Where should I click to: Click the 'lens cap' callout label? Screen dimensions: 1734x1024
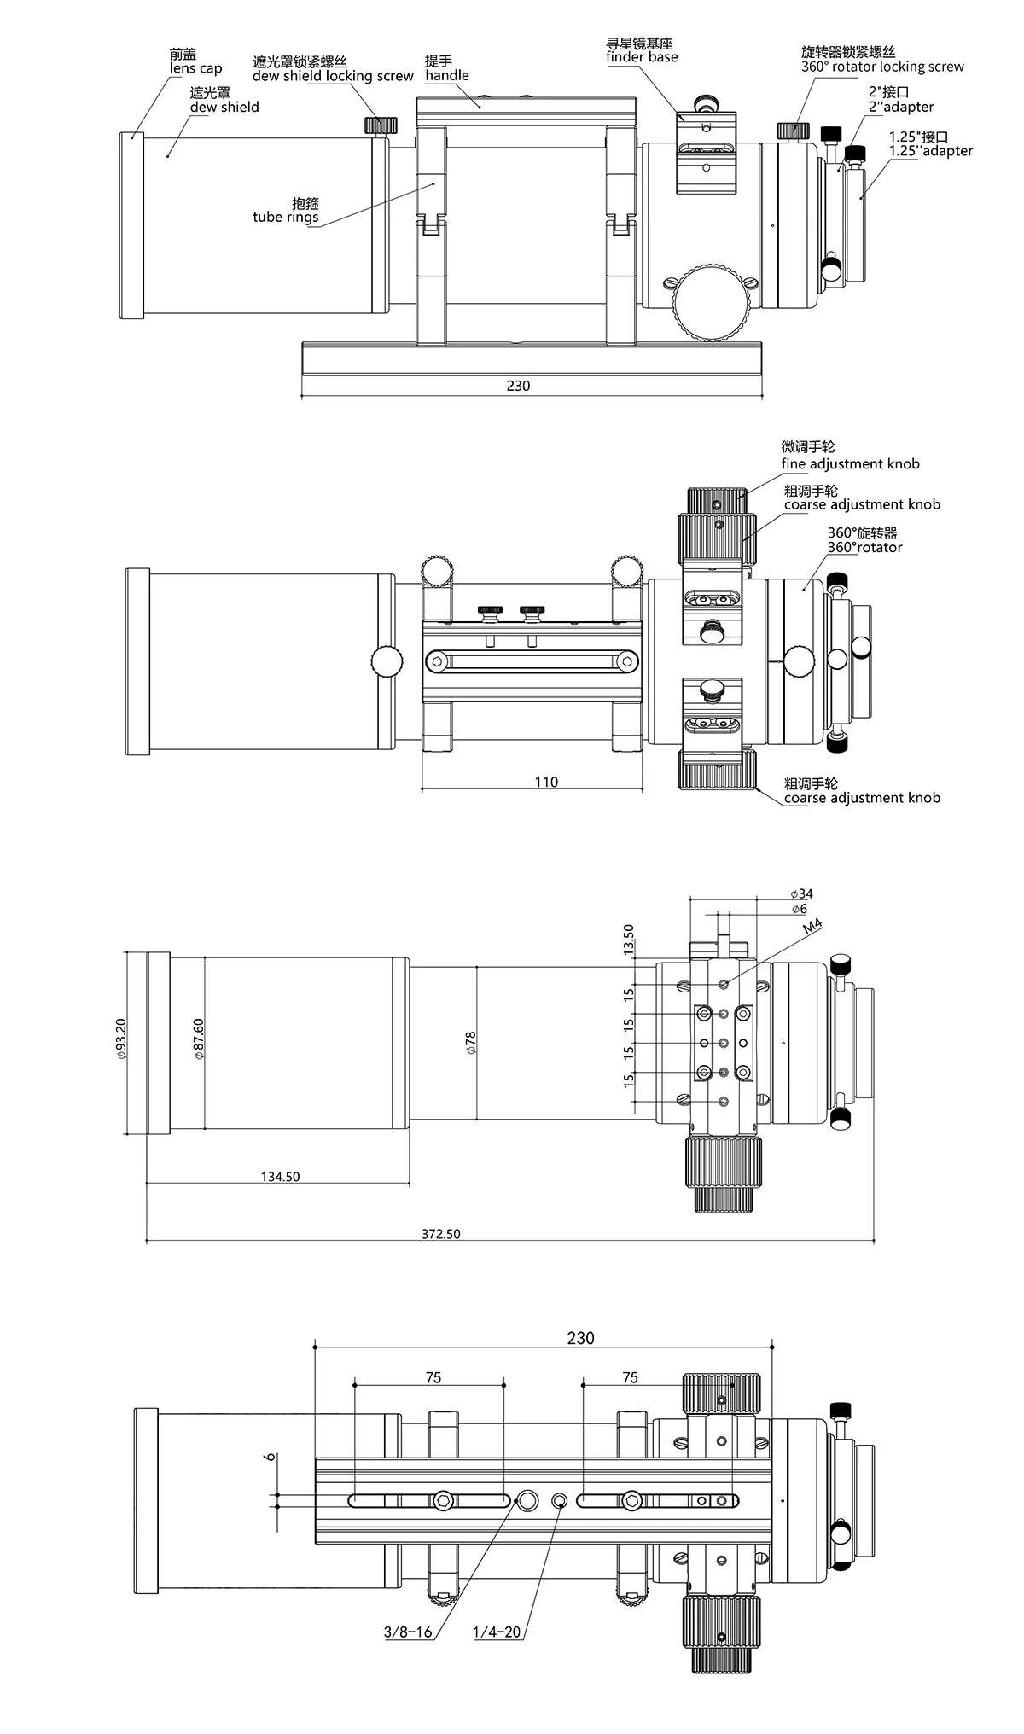coord(195,68)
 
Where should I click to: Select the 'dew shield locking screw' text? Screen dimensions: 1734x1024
coord(333,76)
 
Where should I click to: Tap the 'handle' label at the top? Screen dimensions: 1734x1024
coord(447,75)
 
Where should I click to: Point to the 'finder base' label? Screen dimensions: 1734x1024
coord(642,57)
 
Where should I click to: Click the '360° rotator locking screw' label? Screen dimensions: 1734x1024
coord(882,67)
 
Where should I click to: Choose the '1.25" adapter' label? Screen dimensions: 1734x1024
coord(931,151)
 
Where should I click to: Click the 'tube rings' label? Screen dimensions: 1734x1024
coord(286,217)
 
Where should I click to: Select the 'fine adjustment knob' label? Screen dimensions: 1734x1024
coord(850,464)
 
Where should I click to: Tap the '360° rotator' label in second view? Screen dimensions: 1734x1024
coord(864,547)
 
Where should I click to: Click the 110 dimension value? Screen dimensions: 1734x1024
coord(546,782)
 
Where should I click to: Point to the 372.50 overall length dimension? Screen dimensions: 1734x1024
coord(441,1234)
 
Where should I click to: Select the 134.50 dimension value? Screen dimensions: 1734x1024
coord(281,1177)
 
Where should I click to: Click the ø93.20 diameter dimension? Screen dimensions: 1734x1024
coord(121,1039)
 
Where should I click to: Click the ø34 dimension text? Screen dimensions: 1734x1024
coord(801,894)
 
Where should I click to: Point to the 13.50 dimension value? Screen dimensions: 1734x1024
coord(629,940)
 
